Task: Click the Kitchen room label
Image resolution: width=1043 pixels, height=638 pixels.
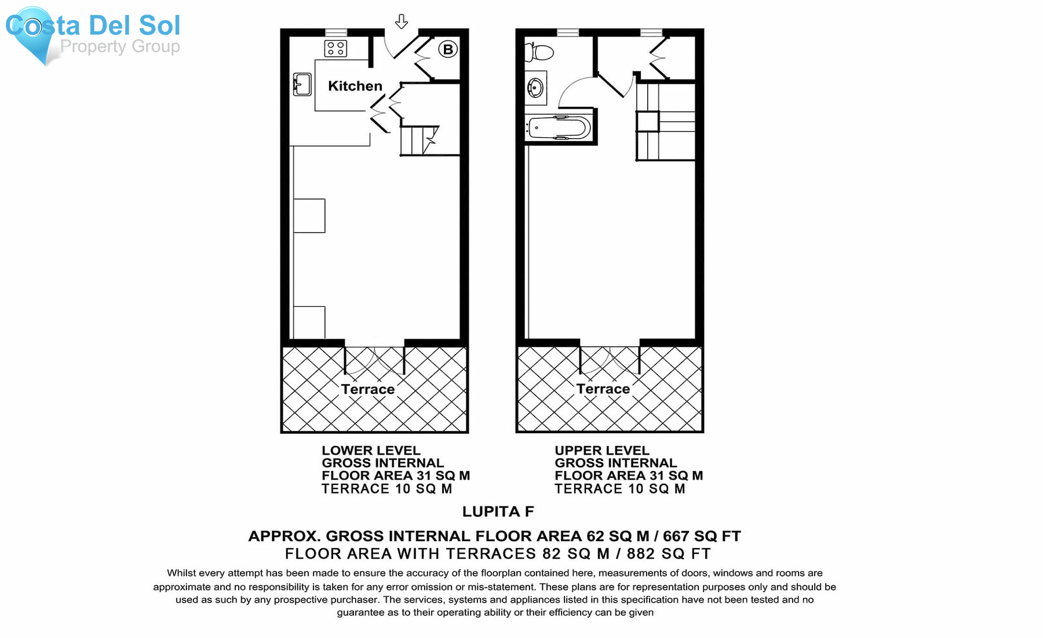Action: click(355, 86)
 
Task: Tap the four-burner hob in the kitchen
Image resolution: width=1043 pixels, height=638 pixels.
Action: click(335, 48)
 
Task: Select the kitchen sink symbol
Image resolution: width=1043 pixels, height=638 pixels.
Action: click(302, 84)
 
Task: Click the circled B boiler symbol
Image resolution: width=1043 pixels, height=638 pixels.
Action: click(447, 49)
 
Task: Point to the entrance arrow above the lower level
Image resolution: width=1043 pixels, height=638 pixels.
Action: click(401, 22)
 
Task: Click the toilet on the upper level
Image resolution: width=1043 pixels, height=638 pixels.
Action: click(539, 52)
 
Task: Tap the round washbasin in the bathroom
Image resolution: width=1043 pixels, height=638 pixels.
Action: click(535, 88)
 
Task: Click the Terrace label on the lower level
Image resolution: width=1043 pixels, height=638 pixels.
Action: click(367, 389)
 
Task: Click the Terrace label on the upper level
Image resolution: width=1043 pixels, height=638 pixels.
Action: click(603, 389)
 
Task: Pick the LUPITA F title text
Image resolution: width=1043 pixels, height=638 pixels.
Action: click(498, 512)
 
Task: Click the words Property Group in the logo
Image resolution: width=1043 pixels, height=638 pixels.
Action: click(120, 46)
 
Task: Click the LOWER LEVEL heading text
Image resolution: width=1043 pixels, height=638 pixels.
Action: click(371, 451)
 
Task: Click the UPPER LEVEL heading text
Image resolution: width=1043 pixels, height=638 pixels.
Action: click(601, 451)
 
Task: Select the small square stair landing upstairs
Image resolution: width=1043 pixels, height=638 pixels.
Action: click(647, 122)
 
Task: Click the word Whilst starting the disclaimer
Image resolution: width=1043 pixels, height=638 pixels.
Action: click(181, 573)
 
